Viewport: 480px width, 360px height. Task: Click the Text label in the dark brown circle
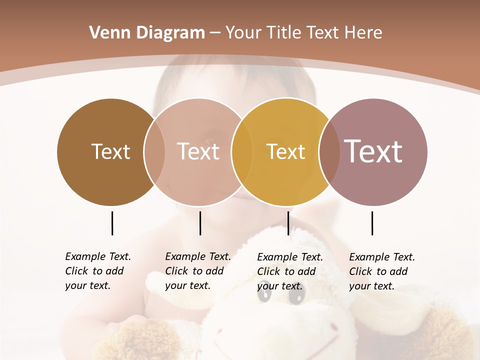pyautogui.click(x=110, y=151)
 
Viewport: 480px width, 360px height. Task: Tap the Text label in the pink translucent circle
pyautogui.click(x=198, y=151)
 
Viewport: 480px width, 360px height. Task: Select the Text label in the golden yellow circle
pyautogui.click(x=285, y=151)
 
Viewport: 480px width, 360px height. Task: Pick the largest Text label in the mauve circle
pyautogui.click(x=373, y=151)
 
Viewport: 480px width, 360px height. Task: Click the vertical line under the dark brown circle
pyautogui.click(x=112, y=223)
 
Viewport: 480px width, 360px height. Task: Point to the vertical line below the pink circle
pyautogui.click(x=200, y=223)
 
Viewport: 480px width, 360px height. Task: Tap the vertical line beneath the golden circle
pyautogui.click(x=288, y=223)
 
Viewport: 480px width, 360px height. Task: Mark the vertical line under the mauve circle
pyautogui.click(x=372, y=223)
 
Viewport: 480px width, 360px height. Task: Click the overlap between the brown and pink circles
pyautogui.click(x=154, y=151)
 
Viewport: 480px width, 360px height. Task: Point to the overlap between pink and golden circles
pyautogui.click(x=242, y=151)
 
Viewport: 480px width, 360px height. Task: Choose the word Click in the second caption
pyautogui.click(x=176, y=271)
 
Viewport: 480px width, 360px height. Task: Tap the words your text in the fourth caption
pyautogui.click(x=371, y=286)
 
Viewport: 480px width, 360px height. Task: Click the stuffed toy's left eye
pyautogui.click(x=264, y=295)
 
